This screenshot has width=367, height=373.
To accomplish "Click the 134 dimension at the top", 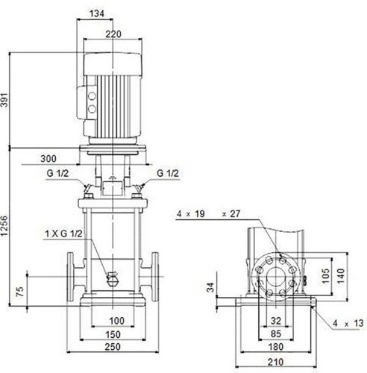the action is (x=97, y=13).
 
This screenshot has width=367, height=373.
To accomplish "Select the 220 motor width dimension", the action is (x=113, y=34).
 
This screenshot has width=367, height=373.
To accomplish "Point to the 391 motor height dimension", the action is (x=4, y=100).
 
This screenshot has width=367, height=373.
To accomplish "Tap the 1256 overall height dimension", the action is (x=4, y=226).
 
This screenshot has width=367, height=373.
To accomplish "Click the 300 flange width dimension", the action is (x=48, y=159).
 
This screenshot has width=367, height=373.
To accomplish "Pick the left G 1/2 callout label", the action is (x=57, y=173).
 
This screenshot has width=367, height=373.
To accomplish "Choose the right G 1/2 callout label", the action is (x=168, y=173).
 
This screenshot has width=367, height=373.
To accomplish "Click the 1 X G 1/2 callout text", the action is (x=63, y=233).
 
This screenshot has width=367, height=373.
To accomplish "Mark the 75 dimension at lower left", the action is (x=20, y=292).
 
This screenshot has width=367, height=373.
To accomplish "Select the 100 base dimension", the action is (x=117, y=321).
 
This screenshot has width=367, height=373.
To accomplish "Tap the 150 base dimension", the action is (x=113, y=335).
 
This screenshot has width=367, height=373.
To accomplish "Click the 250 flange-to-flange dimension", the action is (x=113, y=347).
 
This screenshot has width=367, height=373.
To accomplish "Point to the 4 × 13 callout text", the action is (x=348, y=323).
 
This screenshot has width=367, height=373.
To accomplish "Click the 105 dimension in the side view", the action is (x=325, y=276).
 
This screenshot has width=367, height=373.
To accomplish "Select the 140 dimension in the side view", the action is (x=341, y=276).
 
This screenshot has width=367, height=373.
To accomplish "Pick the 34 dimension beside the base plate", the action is (x=210, y=287).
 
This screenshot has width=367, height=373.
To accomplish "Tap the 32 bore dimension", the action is (x=276, y=321).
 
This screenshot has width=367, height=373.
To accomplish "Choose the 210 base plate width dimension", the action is (x=276, y=362).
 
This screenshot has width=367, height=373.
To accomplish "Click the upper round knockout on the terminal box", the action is (x=92, y=96).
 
